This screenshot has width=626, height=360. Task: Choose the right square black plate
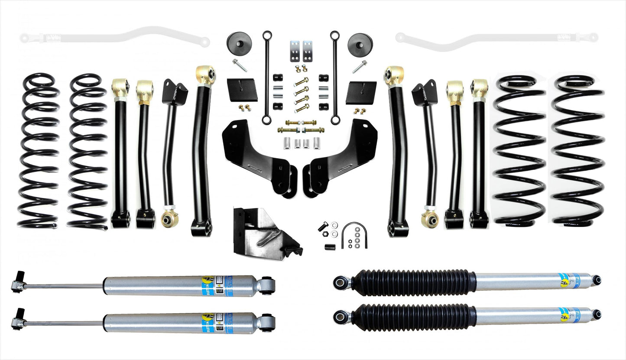click(x=360, y=91)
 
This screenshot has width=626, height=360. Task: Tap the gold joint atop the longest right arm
click(x=394, y=75)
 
